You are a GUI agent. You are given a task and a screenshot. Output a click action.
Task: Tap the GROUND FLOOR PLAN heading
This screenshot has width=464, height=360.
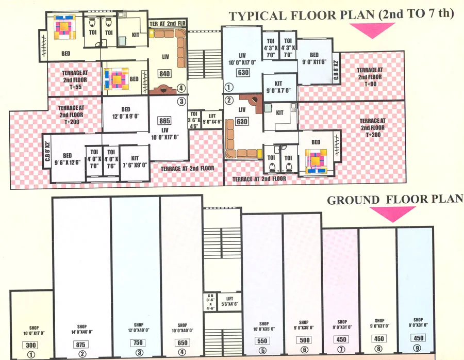click(x=394, y=200)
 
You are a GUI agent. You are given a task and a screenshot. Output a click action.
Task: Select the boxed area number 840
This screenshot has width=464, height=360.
click(x=164, y=74)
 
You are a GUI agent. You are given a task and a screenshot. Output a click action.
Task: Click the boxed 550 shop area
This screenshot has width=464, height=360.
click(x=262, y=341)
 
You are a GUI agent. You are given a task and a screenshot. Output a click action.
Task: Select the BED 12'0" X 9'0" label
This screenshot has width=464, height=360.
click(x=125, y=112)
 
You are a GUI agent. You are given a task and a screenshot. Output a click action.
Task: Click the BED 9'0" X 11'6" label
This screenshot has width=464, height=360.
click(x=314, y=59)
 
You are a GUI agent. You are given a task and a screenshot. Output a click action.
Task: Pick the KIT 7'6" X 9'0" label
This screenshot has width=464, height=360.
click(x=135, y=162)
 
